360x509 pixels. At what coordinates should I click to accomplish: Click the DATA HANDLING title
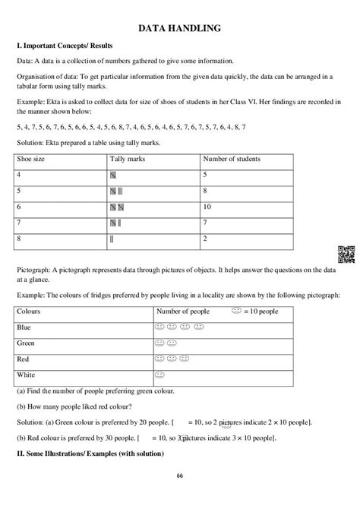coord(179,28)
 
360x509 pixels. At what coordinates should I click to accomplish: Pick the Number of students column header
coord(231,160)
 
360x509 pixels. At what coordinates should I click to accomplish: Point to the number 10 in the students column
coord(207,207)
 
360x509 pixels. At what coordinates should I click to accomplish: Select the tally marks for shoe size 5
coord(116,191)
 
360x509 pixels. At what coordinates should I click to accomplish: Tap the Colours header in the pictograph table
coord(30,312)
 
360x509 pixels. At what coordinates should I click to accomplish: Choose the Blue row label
coord(24,327)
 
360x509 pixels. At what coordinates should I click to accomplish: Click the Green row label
coord(27,343)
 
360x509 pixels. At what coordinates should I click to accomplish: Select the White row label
coord(27,375)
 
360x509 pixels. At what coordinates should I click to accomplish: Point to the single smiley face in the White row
coord(160,375)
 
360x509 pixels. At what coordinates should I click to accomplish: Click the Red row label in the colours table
coord(24,359)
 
